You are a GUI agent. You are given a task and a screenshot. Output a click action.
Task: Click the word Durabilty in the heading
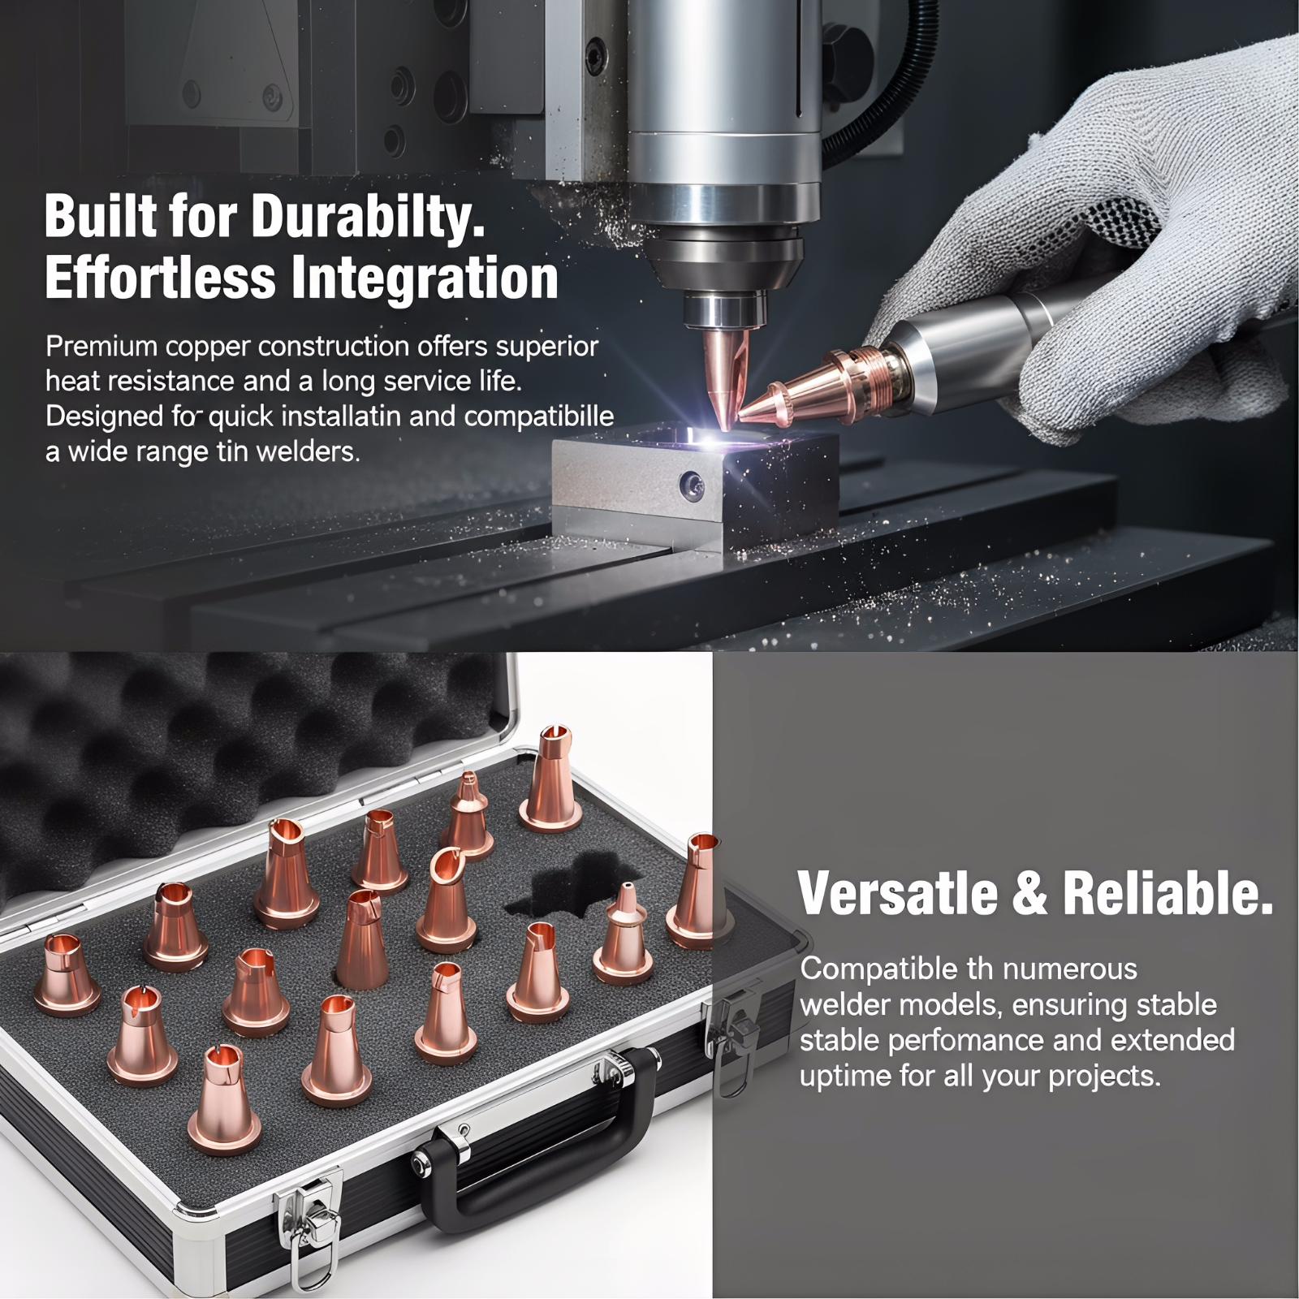click(x=367, y=216)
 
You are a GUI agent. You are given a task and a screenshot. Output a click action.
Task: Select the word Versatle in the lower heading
click(x=899, y=893)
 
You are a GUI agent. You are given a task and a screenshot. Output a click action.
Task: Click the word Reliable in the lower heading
click(x=1167, y=893)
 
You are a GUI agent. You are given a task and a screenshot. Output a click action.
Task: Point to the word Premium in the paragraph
click(x=101, y=347)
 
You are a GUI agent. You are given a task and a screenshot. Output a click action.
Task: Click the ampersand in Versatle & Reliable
click(x=1031, y=893)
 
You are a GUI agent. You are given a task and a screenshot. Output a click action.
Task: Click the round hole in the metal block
click(x=693, y=486)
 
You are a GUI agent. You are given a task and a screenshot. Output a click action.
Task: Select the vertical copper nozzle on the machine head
click(x=723, y=373)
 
